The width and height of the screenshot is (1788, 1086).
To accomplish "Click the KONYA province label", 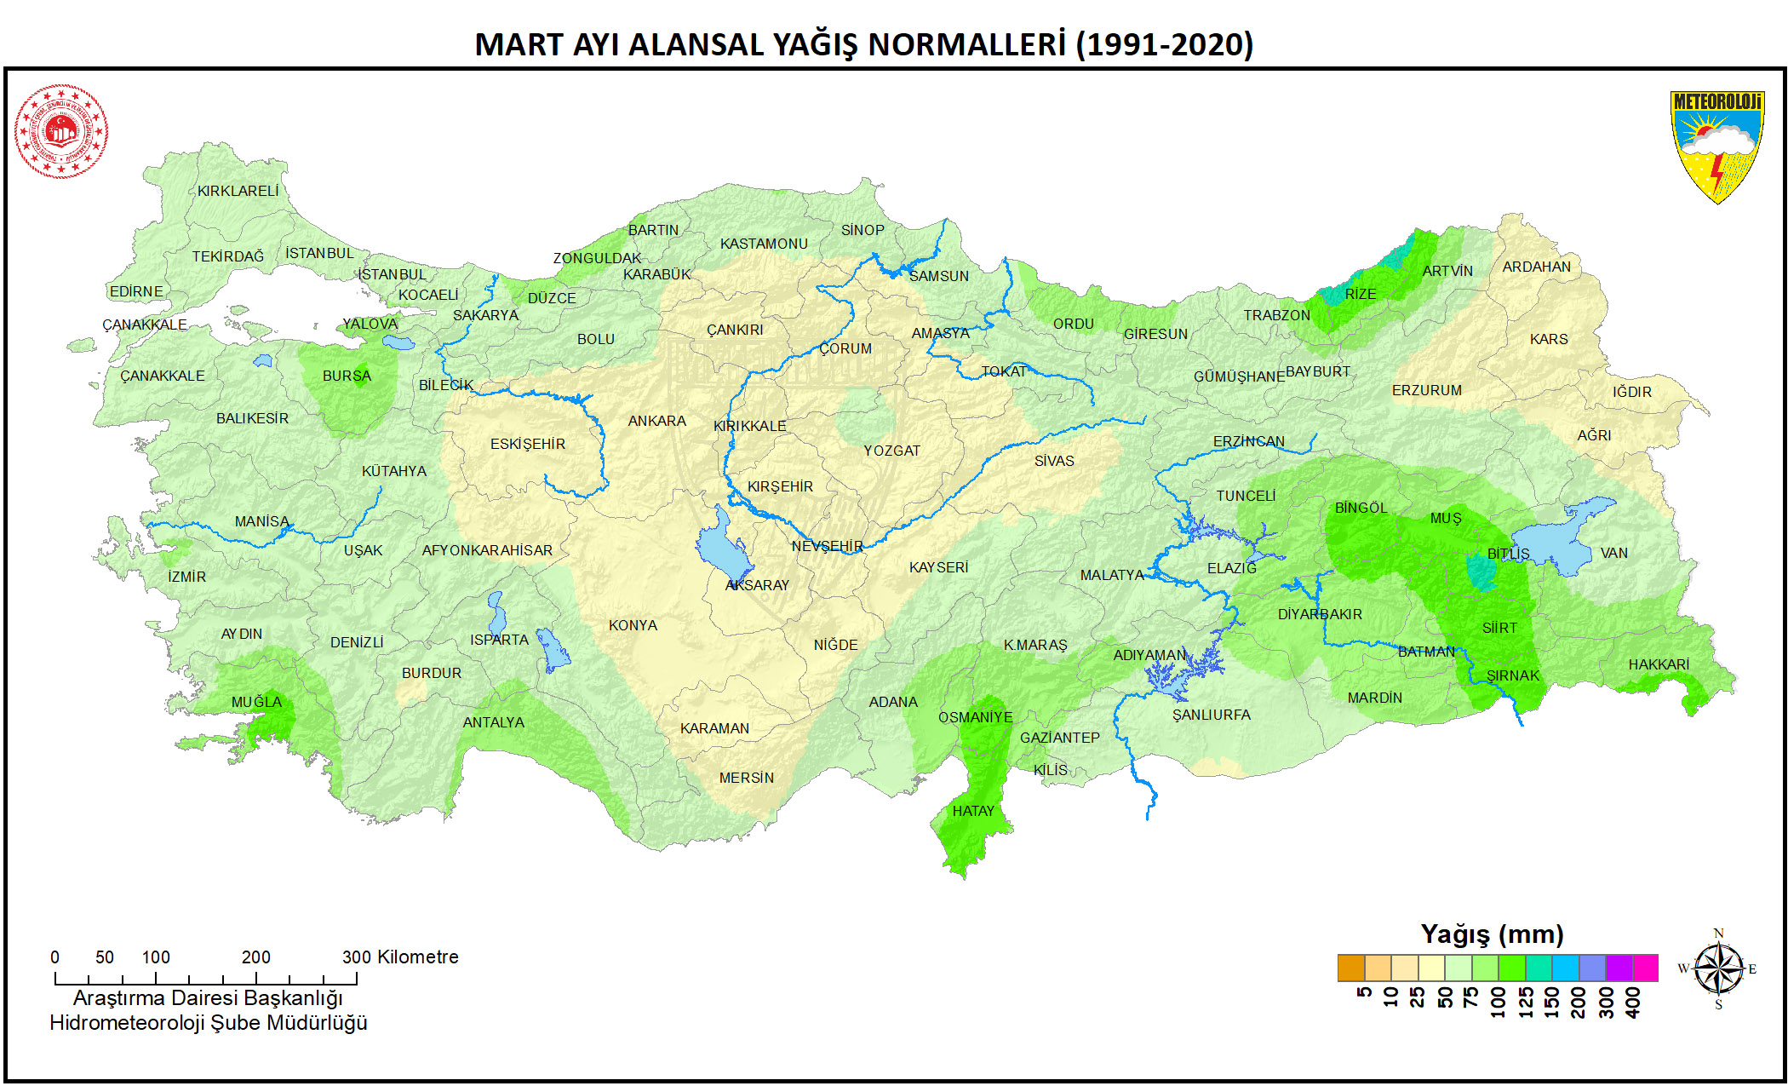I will click(x=633, y=625).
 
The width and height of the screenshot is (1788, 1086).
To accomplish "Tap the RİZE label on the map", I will click(x=1360, y=294).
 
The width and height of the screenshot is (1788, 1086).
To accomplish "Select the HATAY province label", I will click(x=972, y=811).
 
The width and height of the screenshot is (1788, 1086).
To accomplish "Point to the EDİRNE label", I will click(x=136, y=291).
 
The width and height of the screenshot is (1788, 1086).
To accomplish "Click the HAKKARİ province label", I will click(x=1658, y=664).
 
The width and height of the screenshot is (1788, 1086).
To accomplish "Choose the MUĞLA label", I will click(x=256, y=702).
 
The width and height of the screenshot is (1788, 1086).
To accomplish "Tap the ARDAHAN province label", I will click(x=1536, y=267).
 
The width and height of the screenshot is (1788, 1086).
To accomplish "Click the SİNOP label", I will click(x=862, y=230).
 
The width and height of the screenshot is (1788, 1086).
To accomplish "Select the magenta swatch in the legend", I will click(x=1645, y=968).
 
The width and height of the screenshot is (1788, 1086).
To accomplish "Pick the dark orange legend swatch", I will click(x=1350, y=968).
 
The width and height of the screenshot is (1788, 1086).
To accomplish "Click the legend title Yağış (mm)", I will click(x=1492, y=934).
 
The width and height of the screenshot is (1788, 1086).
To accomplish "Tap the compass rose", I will click(x=1718, y=968).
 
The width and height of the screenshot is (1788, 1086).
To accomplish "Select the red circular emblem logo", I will click(x=60, y=131).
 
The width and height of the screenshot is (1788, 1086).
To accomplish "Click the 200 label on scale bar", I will click(x=255, y=957).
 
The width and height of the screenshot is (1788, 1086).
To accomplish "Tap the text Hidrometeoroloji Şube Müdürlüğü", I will click(x=208, y=1023).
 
